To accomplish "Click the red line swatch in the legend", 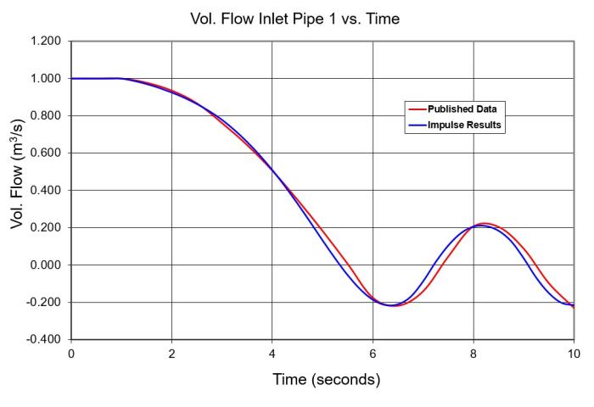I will tap(416, 109).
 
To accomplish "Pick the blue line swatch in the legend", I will tap(416, 125).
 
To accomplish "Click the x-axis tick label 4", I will tap(272, 353).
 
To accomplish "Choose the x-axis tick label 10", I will tap(574, 353).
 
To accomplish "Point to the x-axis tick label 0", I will tap(71, 353).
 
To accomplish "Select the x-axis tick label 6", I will tap(373, 353).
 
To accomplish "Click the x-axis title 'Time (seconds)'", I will tap(326, 379).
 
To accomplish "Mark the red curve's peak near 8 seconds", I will tap(485, 223).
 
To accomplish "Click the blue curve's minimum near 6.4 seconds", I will tap(389, 305).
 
